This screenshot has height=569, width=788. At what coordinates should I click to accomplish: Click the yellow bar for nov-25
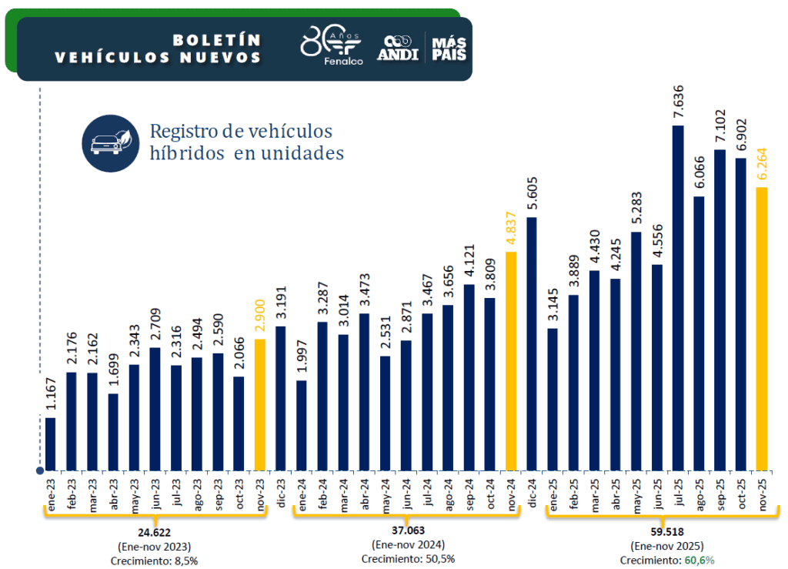762,329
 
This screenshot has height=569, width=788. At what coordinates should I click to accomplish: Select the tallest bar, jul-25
678,298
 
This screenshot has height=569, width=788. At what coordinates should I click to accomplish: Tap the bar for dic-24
532,344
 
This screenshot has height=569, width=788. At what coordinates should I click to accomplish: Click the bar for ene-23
51,444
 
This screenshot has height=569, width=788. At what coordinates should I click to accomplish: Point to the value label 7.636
678,102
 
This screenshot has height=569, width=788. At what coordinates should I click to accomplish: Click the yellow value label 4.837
510,229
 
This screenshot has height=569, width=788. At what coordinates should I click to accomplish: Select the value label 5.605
532,195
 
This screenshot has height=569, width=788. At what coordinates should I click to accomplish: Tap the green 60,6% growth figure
699,560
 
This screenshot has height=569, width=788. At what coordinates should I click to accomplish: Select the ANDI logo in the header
398,48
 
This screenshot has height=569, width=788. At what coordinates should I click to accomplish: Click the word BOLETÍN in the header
217,39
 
